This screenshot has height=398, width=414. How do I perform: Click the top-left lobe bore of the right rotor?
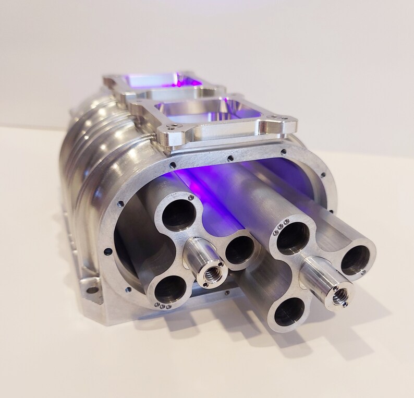(x=294, y=238)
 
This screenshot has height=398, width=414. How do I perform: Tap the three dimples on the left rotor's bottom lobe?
(x=162, y=306)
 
